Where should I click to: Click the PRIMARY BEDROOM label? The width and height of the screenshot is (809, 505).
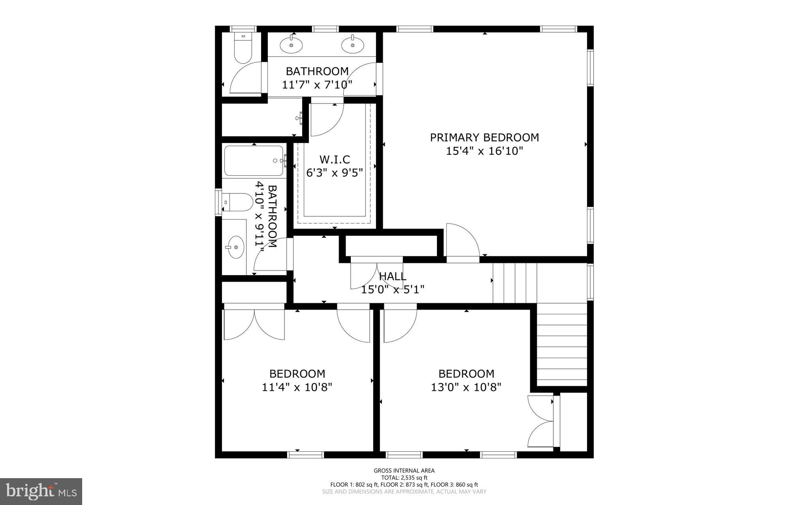click(484, 137)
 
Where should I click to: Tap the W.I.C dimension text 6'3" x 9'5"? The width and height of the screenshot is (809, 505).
click(334, 173)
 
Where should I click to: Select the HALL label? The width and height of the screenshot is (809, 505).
click(392, 276)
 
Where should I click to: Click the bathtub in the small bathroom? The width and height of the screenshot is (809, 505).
click(254, 161)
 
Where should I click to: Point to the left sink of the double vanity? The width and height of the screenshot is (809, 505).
click(291, 45)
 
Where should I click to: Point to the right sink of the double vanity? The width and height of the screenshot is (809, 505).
click(352, 45)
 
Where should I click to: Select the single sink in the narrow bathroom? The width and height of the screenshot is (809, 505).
click(236, 247)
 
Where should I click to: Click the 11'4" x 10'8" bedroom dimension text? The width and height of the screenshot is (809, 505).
click(297, 387)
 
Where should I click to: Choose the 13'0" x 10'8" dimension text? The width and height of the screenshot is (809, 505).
click(466, 387)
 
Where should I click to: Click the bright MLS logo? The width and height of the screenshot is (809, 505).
click(41, 492)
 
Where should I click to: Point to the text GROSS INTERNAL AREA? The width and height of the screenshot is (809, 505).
click(404, 470)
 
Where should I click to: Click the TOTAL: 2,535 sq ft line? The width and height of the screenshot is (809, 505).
click(404, 477)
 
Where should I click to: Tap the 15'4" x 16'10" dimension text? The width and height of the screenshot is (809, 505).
click(484, 151)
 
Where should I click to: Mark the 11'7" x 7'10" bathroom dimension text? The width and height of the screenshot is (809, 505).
click(317, 85)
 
